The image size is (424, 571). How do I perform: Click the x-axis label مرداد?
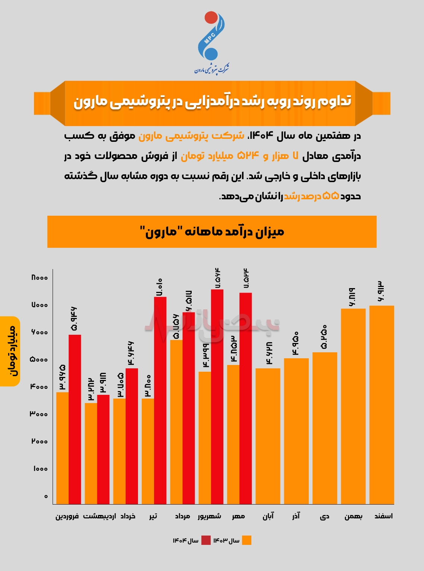pyautogui.click(x=183, y=516)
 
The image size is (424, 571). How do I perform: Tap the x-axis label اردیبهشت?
pyautogui.click(x=99, y=516)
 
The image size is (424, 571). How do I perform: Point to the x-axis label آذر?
pyautogui.click(x=296, y=516)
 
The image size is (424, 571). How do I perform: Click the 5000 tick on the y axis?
pyautogui.click(x=39, y=360)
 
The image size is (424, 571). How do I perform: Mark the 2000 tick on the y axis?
pyautogui.click(x=39, y=441)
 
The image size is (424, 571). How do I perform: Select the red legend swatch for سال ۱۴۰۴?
pyautogui.click(x=206, y=540)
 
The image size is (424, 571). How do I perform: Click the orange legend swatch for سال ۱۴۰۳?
pyautogui.click(x=246, y=540)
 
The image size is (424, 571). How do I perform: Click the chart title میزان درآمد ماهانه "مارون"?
pyautogui.click(x=212, y=232)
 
